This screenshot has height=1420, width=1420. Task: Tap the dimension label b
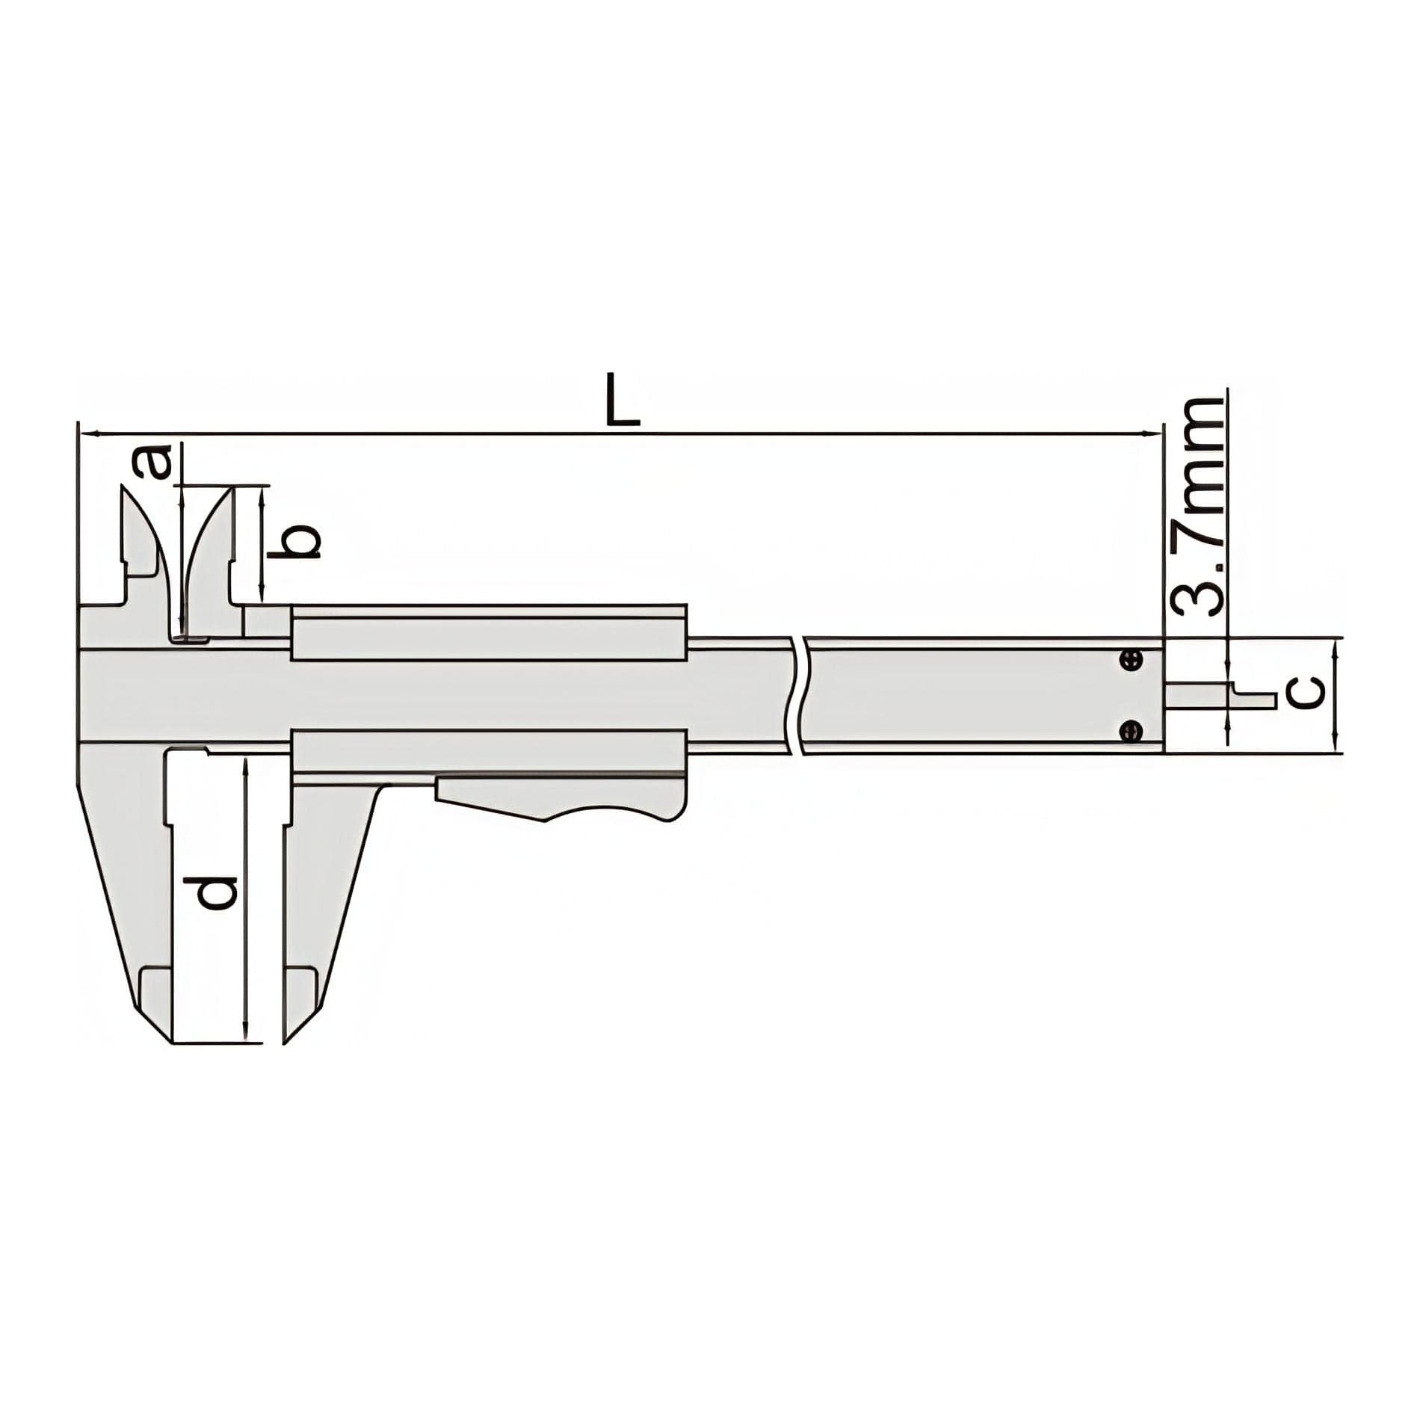[x=303, y=543]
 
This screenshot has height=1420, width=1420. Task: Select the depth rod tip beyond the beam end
[x=1256, y=699]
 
